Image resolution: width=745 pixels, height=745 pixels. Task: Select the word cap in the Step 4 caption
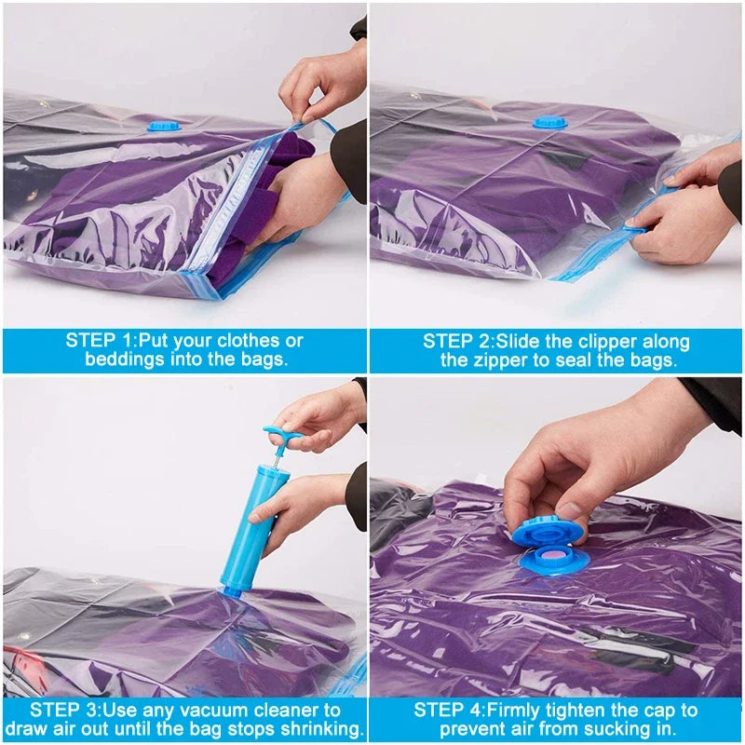(670, 711)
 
